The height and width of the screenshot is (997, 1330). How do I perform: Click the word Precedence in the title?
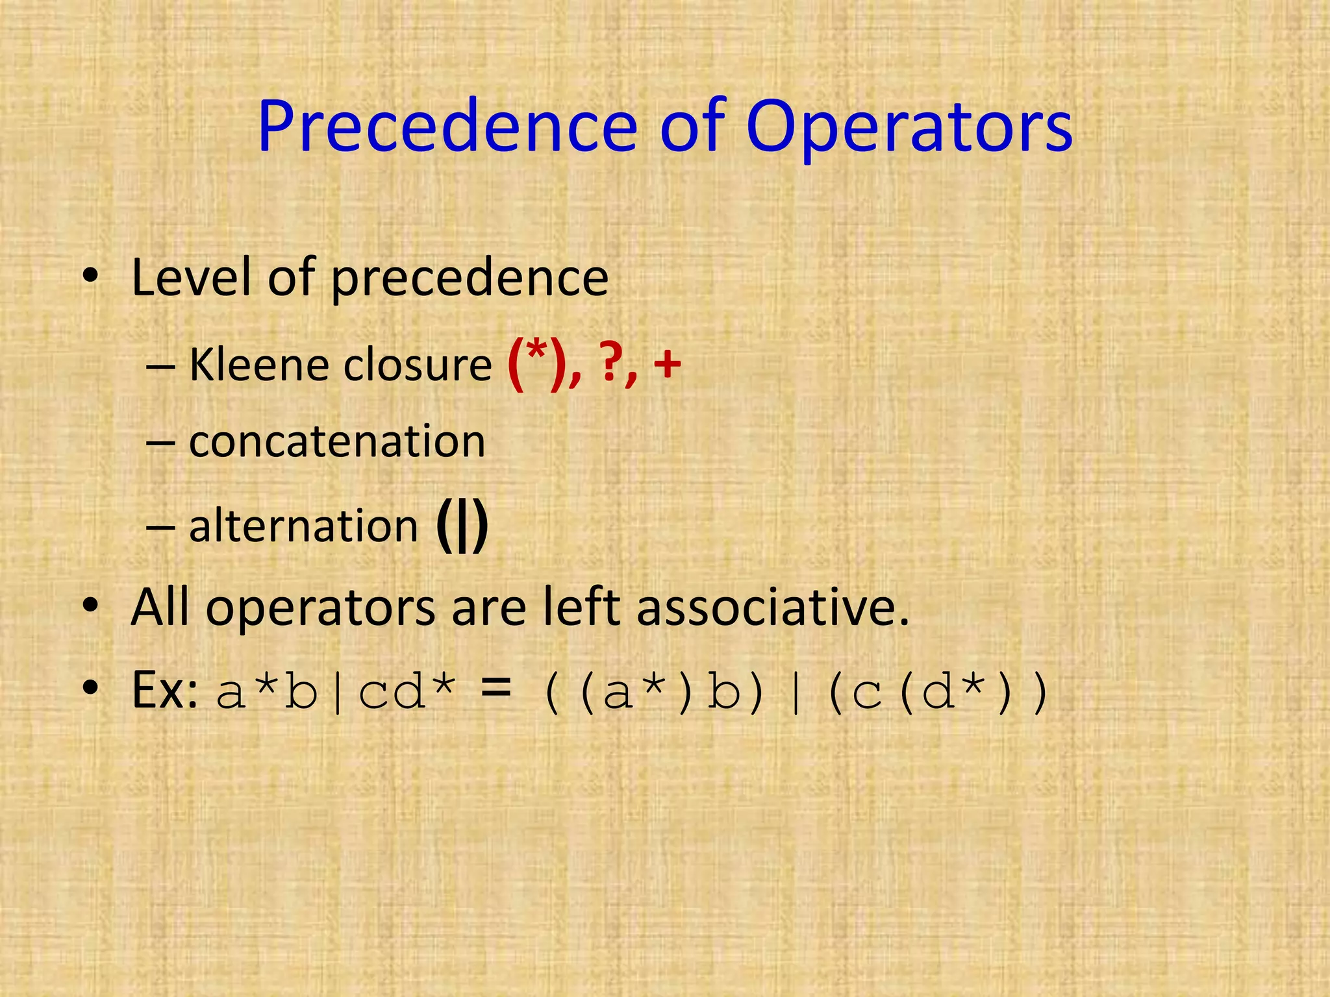coord(447,127)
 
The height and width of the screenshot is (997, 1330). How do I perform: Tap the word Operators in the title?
coord(909,127)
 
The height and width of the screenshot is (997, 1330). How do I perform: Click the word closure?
coord(418,365)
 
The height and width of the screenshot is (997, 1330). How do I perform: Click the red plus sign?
coord(667,365)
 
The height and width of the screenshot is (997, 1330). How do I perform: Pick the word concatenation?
coord(337,442)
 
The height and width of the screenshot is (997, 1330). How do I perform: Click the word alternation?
coord(303,526)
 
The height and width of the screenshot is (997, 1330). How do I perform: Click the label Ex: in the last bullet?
coord(164,691)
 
